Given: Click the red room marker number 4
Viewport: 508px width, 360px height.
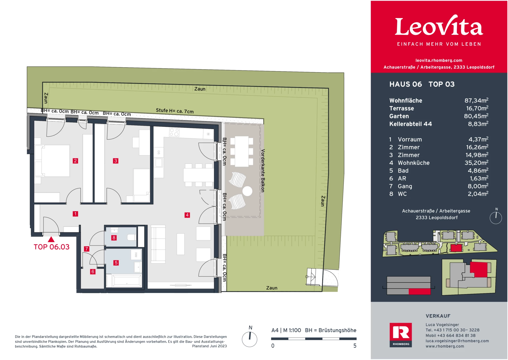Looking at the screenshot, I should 187,215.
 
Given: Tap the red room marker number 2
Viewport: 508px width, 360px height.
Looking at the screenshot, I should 75,161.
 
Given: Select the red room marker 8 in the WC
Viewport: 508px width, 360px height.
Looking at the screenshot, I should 114,238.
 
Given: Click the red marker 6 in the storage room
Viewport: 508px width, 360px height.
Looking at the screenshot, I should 93,272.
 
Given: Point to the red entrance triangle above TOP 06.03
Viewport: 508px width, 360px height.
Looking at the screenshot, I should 51,240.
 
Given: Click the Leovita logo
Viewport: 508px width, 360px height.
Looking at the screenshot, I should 439,26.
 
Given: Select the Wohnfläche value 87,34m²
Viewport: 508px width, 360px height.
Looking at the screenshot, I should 476,101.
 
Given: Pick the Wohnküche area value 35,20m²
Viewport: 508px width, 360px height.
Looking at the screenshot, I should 476,163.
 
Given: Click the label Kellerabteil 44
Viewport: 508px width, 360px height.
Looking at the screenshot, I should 410,124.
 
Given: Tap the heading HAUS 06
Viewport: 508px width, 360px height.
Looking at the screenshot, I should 405,84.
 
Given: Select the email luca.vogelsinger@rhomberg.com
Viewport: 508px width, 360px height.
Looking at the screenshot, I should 457,341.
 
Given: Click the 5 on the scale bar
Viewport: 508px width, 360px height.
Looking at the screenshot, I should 355,346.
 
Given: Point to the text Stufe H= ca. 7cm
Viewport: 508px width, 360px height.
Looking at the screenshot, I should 175,111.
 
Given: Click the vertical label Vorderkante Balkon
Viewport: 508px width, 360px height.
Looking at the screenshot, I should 263,171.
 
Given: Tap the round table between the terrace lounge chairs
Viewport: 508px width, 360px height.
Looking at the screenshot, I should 247,191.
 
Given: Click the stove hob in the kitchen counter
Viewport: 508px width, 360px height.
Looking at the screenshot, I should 174,132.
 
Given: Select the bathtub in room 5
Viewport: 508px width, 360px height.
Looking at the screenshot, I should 127,281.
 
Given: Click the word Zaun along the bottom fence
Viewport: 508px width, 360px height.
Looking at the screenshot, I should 272,288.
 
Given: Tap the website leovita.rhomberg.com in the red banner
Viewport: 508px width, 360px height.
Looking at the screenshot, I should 439,60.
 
